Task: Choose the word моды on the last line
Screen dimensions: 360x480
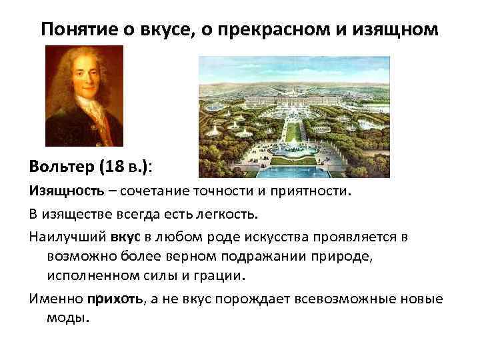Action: (x=67, y=317)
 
